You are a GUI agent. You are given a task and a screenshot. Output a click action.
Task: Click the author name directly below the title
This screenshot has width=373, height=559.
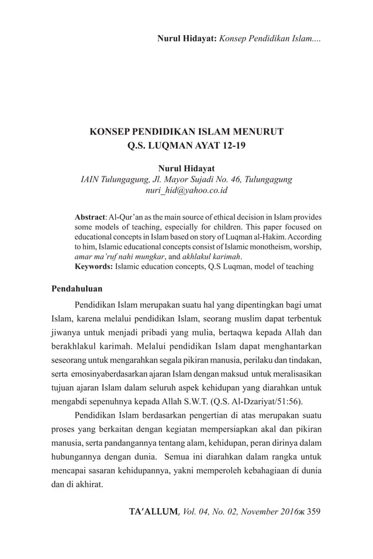[186, 169]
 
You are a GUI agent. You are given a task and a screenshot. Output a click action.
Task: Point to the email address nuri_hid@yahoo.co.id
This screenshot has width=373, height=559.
[186, 190]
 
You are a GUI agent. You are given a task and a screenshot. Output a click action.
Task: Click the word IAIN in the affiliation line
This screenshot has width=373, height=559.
[89, 180]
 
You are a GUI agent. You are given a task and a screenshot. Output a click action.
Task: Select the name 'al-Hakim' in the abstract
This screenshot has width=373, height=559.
[270, 237]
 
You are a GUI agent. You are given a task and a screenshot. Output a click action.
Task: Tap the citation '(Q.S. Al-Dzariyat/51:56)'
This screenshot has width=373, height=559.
[256, 401]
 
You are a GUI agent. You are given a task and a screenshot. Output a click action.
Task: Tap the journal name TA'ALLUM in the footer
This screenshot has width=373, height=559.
[154, 512]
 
